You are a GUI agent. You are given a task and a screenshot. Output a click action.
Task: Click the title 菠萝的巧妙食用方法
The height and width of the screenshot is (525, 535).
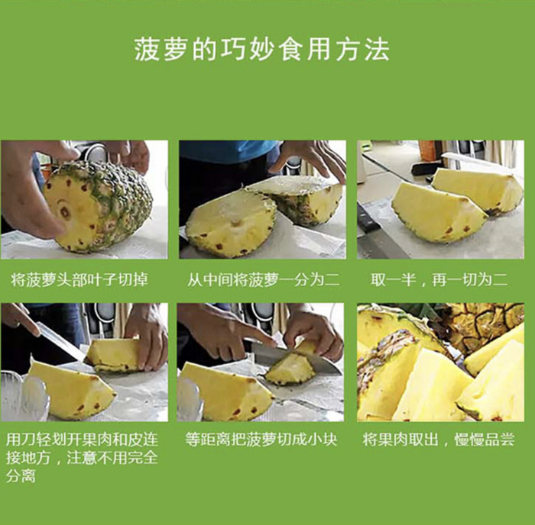[261, 50]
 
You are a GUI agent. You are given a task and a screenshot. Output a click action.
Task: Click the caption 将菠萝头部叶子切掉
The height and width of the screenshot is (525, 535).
[79, 280]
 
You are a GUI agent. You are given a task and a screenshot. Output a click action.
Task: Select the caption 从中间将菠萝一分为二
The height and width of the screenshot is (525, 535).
[263, 280]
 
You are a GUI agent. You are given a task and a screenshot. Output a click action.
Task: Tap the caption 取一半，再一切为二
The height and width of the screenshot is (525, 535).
[439, 280]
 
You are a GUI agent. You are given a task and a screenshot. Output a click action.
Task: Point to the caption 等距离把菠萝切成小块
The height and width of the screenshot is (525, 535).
[261, 440]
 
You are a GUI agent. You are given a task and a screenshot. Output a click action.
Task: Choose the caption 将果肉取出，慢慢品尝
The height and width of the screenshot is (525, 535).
[439, 440]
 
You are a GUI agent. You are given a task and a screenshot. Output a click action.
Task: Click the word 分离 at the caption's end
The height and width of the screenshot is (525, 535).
[21, 476]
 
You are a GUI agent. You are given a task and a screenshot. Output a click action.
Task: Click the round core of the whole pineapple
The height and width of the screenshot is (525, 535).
[64, 211]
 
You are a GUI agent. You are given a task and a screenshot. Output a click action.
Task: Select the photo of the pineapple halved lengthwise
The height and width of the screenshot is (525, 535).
[262, 199]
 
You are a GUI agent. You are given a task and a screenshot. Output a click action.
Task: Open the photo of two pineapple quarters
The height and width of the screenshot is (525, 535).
[440, 199]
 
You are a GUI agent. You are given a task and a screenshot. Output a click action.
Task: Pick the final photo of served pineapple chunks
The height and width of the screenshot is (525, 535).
[440, 362]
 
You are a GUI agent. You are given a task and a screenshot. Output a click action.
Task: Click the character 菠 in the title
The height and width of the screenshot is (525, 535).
[147, 50]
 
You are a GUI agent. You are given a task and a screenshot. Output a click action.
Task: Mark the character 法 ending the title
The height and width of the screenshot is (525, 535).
[377, 50]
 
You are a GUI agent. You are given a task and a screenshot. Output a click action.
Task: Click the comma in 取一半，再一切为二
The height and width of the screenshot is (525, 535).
[423, 285]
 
